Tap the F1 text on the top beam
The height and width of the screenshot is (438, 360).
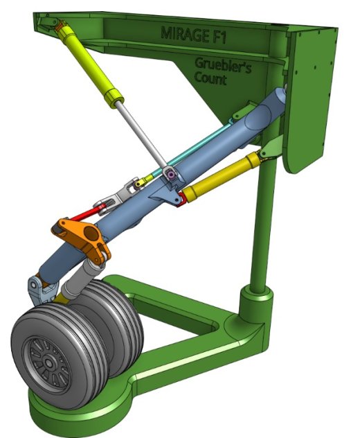[217, 37]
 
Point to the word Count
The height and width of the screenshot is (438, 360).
[210, 78]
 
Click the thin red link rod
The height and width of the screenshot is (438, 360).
[87, 212]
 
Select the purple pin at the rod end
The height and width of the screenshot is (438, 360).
[170, 175]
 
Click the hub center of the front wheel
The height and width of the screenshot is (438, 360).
[49, 363]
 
